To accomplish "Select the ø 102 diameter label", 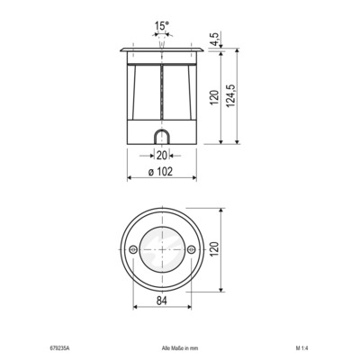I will click(161, 171).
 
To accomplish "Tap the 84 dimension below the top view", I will click(162, 301).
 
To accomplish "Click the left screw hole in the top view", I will click(132, 247).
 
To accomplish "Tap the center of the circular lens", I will click(162, 247).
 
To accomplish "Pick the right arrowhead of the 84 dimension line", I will click(190, 309).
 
